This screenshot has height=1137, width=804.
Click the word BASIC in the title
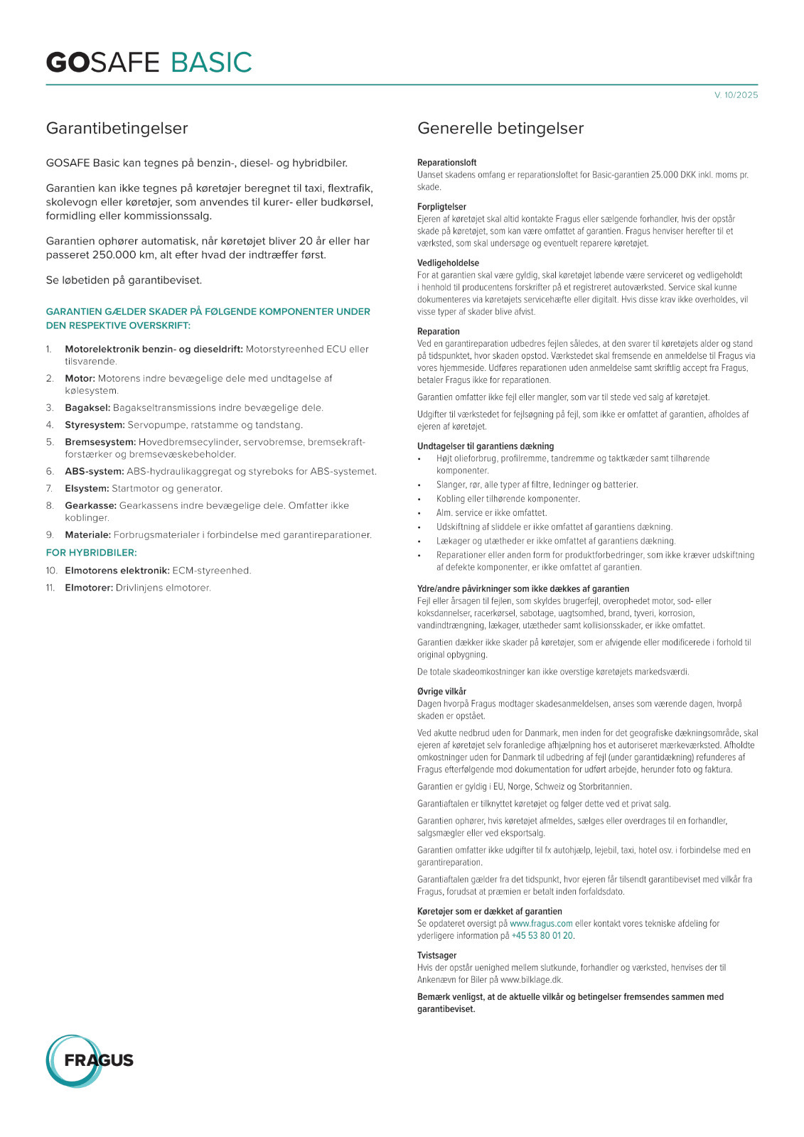click(211, 63)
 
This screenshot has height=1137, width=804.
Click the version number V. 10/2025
click(736, 95)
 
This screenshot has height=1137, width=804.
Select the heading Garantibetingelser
click(117, 129)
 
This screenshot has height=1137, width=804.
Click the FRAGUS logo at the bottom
click(90, 1060)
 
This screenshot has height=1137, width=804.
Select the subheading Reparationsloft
click(446, 163)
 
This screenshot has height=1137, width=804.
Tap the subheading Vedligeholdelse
click(448, 263)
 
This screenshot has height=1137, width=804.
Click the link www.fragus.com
click(541, 924)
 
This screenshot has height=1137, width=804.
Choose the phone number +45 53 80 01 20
click(542, 936)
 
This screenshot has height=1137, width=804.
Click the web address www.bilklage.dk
click(531, 980)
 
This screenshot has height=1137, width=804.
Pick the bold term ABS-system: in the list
click(95, 471)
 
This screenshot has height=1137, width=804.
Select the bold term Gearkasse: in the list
click(90, 505)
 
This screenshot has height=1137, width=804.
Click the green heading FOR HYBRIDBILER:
click(91, 552)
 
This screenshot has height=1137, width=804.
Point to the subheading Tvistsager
click(436, 956)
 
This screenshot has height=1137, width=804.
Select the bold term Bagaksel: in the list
click(87, 408)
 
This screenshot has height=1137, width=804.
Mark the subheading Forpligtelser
click(441, 207)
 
